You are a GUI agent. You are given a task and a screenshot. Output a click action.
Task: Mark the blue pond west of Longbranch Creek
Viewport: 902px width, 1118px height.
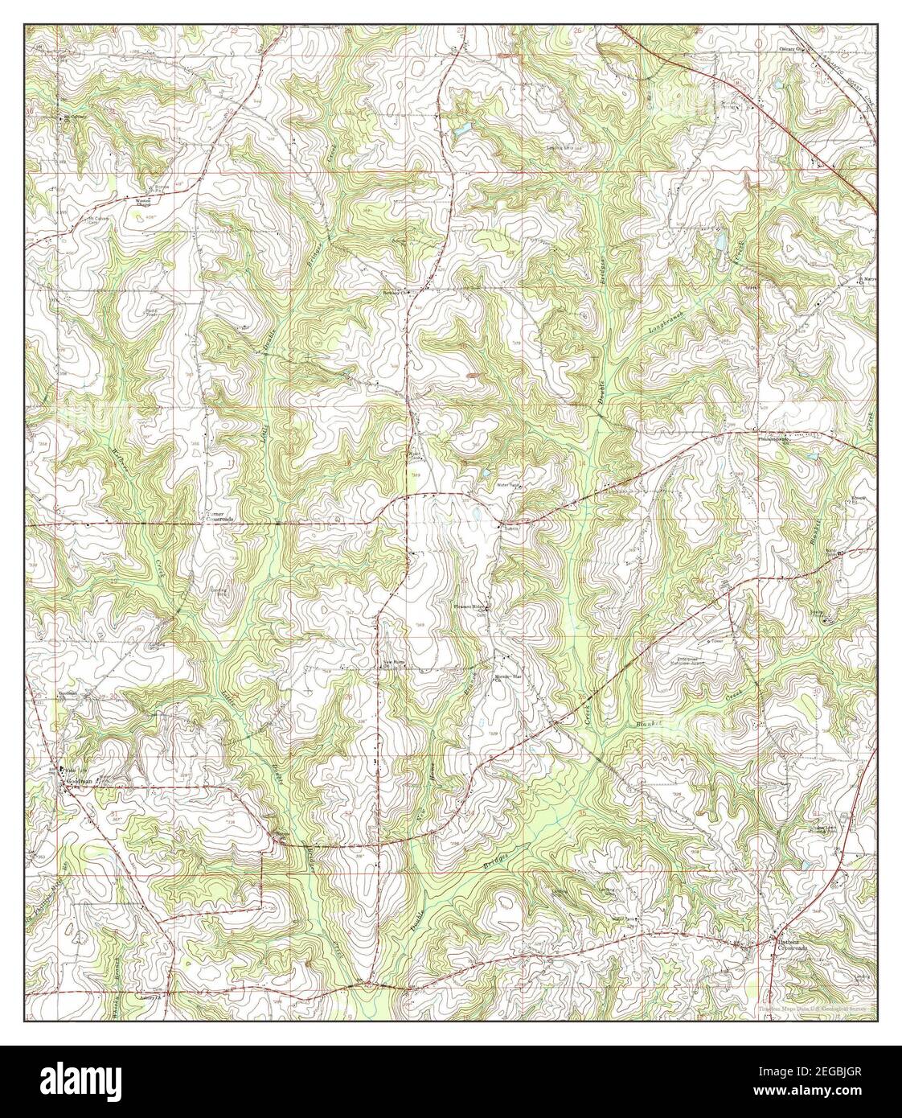pos(720,241)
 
